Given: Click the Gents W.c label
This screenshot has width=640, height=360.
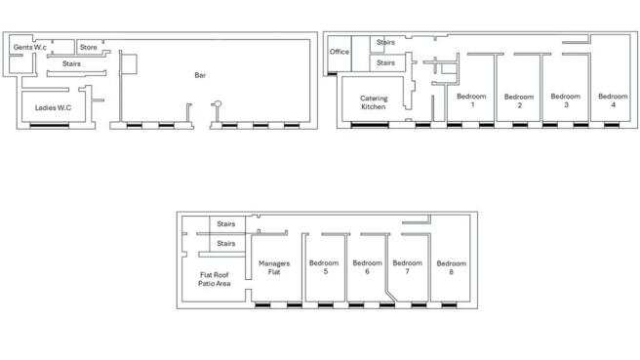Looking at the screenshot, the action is tap(30, 48).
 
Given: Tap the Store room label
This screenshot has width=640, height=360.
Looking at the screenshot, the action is tap(88, 48).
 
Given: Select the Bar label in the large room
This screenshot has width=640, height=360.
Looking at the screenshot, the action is tap(200, 75).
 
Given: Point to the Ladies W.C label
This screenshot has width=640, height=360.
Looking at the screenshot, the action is tap(53, 107).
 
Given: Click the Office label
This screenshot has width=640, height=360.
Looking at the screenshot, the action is tap(340, 52).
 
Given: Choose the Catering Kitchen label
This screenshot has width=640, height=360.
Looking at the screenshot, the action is tap(374, 102).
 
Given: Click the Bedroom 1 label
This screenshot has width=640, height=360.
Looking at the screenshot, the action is tap(471, 100).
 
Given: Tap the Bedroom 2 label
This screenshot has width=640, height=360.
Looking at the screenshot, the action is tap(519, 100).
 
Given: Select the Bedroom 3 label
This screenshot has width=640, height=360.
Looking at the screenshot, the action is tap(565, 100).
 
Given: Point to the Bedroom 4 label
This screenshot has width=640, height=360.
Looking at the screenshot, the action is tap(613, 100).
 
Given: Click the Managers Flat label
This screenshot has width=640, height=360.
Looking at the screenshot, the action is tap(274, 267).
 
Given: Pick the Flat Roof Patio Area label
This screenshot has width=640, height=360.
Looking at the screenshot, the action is tap(215, 279).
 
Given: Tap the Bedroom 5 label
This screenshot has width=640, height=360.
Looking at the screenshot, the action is tap(324, 267).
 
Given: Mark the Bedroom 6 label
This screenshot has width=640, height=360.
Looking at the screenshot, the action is tap(368, 267).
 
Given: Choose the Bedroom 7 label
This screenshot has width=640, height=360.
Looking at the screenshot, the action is tap(408, 267).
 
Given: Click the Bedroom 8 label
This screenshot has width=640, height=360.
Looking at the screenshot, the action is tap(452, 267).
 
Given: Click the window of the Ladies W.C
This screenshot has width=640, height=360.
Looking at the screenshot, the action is tap(50, 125).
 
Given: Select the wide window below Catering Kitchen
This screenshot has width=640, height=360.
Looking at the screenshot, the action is tap(370, 125).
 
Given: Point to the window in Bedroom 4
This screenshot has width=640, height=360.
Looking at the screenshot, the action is tap(612, 125).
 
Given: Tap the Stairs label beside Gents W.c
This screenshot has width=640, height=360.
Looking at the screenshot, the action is tap(71, 63).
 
